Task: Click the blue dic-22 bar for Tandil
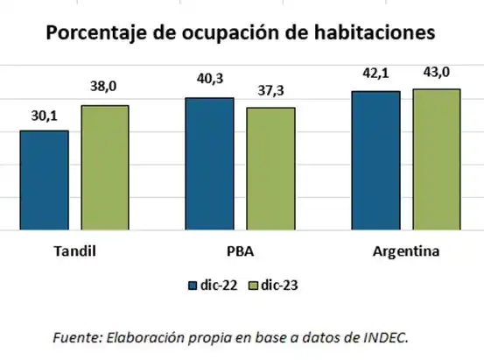click(x=44, y=180)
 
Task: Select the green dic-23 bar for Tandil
click(x=104, y=168)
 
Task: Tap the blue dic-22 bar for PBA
click(x=208, y=164)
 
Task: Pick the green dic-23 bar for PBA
click(x=270, y=169)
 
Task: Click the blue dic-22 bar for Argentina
click(x=375, y=160)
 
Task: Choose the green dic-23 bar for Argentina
click(x=435, y=159)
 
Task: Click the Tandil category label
click(x=74, y=251)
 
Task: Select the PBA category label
click(x=239, y=251)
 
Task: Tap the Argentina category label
click(x=405, y=251)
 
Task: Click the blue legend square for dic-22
click(x=193, y=285)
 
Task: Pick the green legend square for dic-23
click(x=256, y=285)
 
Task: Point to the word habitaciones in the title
click(x=380, y=32)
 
